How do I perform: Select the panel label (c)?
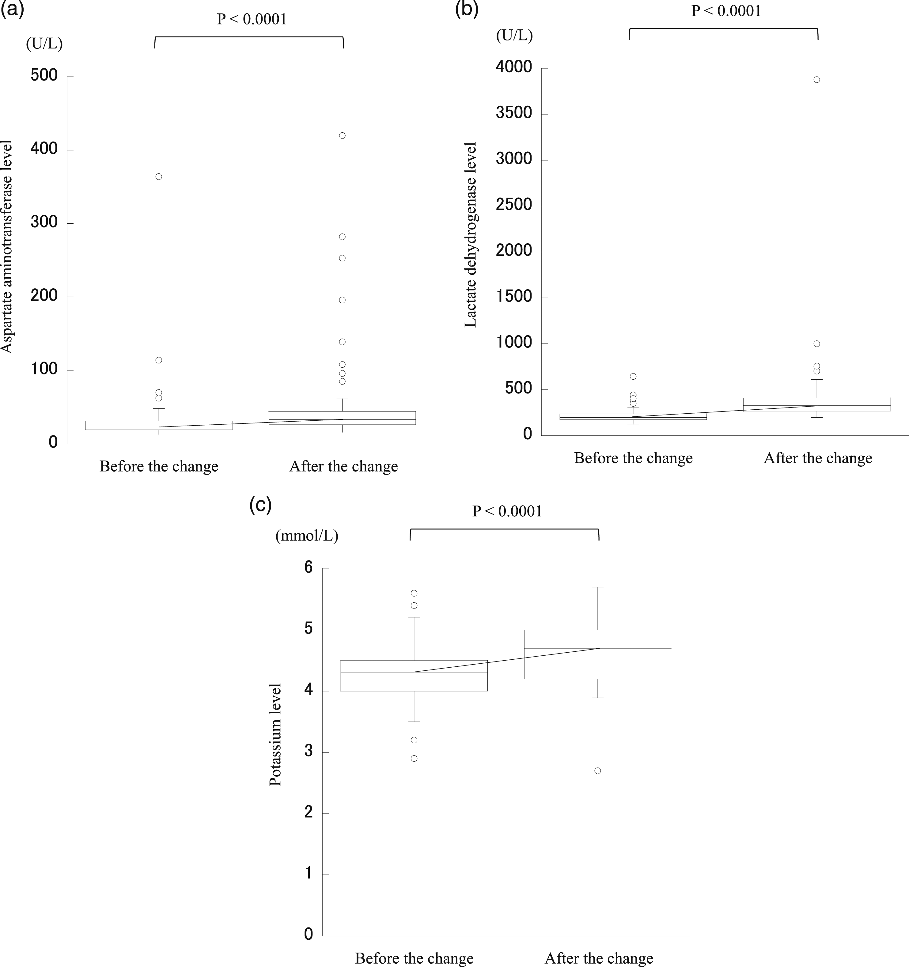[x=260, y=505]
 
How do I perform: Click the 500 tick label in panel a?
[x=44, y=75]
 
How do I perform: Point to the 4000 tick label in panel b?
[x=513, y=67]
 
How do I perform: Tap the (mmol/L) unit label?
[x=307, y=536]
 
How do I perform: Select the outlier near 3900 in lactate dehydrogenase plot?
[x=816, y=80]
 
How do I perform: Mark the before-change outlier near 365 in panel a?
[x=159, y=176]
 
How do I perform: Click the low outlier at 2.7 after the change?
[x=598, y=771]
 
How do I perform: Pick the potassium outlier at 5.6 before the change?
[x=414, y=593]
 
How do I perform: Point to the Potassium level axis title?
[x=275, y=734]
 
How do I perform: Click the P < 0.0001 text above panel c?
[x=507, y=511]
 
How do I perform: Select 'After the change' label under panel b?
[x=818, y=458]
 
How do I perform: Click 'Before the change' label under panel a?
[x=159, y=466]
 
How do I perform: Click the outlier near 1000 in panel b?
[x=816, y=344]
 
